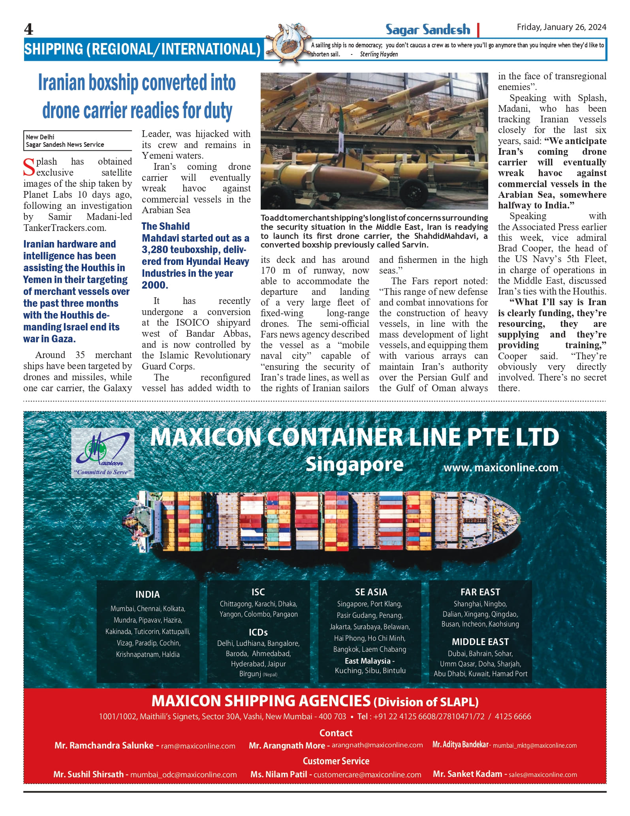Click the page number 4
coord(28,29)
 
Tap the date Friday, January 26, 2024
coord(561,27)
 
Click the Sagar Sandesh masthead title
coord(428,30)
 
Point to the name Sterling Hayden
coord(379,54)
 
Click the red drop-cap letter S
coord(29,167)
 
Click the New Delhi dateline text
coord(40,137)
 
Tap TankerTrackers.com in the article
coord(64,228)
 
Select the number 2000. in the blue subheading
coord(155,285)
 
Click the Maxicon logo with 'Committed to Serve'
coord(103,453)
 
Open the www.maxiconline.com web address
coord(501,468)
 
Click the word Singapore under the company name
coord(354,464)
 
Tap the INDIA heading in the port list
coord(148,595)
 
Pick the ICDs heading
coord(258,632)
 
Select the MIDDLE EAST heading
coord(480,642)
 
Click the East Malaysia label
coord(369,661)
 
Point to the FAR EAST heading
coord(480,592)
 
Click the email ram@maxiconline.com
coord(198,746)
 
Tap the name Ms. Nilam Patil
coord(278,774)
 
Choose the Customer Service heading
coord(336,761)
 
